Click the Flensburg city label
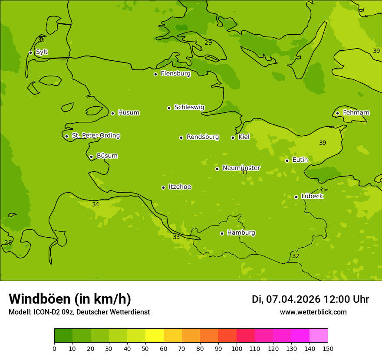[x=175, y=74]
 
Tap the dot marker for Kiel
[x=233, y=137]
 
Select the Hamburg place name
[x=241, y=233]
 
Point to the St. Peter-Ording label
[x=95, y=136]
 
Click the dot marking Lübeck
[x=296, y=197]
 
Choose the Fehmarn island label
[x=356, y=113]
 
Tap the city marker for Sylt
[x=30, y=52]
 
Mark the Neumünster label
[x=241, y=168]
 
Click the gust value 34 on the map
[x=95, y=205]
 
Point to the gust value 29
[x=208, y=43]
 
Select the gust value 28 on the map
[x=8, y=243]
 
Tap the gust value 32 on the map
[x=296, y=256]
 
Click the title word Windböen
[x=39, y=299]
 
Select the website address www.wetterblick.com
[x=313, y=312]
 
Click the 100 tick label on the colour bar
[x=237, y=348]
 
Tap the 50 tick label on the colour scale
[x=145, y=348]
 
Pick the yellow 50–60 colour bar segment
[x=155, y=336]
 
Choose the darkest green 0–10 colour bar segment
[x=63, y=336]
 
